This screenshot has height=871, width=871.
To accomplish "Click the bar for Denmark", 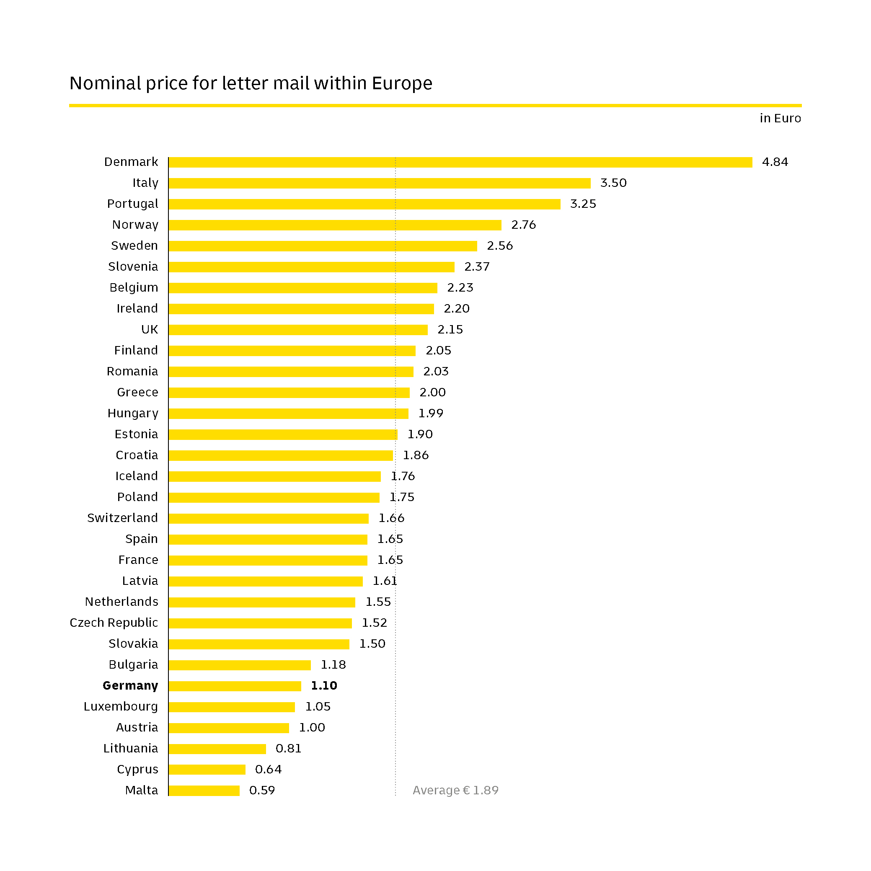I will tap(460, 162).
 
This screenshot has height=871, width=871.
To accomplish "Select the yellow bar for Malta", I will tap(204, 790).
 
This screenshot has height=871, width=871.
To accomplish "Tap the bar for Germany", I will tap(235, 686).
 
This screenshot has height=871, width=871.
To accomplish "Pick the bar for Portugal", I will tap(364, 204).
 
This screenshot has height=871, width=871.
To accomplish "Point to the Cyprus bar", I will tap(207, 770).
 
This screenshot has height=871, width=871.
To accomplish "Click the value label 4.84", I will tap(775, 162).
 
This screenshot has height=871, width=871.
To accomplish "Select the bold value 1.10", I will tap(324, 686).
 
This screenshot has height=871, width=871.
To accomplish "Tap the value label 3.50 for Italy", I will tap(613, 183).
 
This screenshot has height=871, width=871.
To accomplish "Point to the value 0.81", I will tap(288, 748).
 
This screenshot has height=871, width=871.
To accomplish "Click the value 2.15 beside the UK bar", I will tap(450, 330).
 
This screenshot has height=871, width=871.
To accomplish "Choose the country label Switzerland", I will tap(123, 518).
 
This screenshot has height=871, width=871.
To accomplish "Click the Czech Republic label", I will tap(114, 623).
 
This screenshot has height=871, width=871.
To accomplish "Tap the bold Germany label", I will tap(130, 686).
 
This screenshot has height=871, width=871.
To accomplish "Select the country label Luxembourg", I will tap(121, 706).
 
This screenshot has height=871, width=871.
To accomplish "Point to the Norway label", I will tap(135, 225).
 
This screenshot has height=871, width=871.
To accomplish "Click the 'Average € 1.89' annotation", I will tap(455, 790).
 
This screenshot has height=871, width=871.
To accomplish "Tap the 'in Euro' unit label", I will tap(780, 118).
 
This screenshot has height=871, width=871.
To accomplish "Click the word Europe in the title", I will tap(402, 83).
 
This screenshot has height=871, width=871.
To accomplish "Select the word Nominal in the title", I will tap(106, 83).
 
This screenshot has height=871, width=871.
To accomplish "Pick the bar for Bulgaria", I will tap(240, 665).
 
